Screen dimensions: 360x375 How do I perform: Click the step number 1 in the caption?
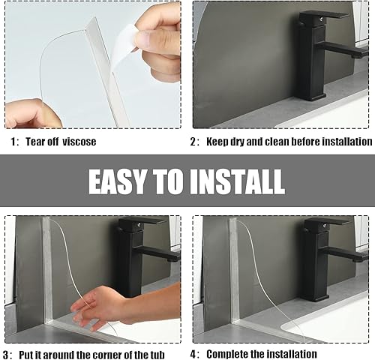click(13, 142)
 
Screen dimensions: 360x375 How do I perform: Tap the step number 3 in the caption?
click(7, 354)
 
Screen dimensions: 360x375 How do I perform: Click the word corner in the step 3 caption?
click(109, 354)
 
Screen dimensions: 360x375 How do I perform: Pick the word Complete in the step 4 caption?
click(229, 354)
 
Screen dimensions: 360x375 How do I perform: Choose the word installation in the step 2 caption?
click(343, 142)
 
